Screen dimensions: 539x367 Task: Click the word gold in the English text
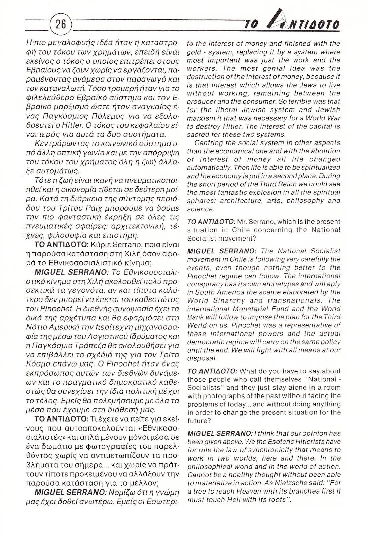(194, 52)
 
